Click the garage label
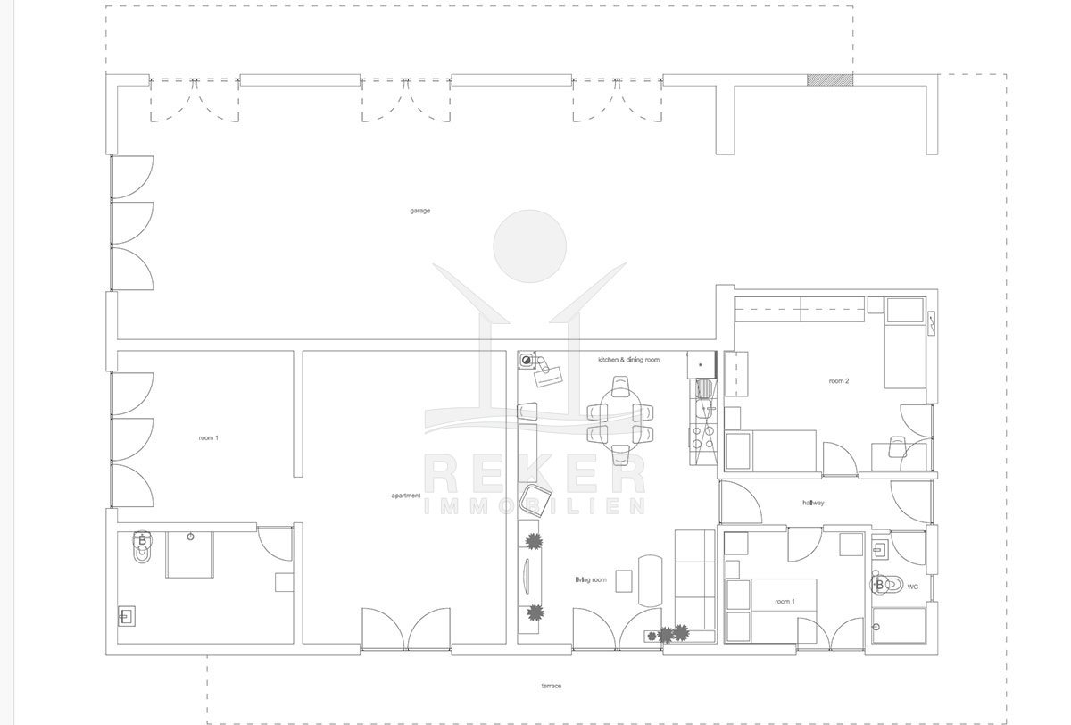click(x=419, y=211)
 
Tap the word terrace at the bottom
click(x=552, y=686)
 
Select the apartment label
click(x=406, y=496)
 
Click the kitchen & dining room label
click(x=628, y=360)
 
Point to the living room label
click(x=591, y=579)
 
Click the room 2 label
click(x=839, y=381)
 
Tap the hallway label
click(x=813, y=503)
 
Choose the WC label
click(x=912, y=587)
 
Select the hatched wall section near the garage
click(x=830, y=79)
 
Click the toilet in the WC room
click(x=886, y=585)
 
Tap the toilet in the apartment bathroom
click(x=142, y=546)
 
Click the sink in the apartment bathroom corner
click(x=126, y=616)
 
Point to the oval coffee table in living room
click(x=651, y=580)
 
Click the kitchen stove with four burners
click(x=703, y=437)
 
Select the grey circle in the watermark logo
click(x=530, y=246)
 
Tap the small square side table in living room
click(x=624, y=580)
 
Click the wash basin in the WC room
click(x=880, y=550)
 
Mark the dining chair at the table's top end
click(x=620, y=387)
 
